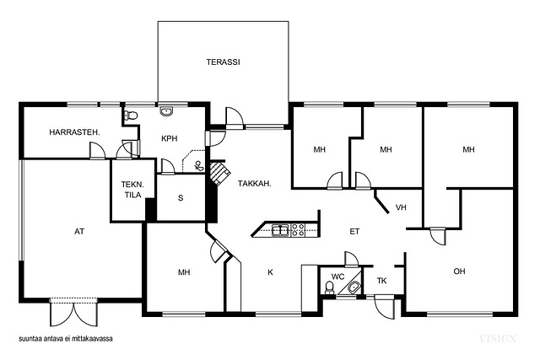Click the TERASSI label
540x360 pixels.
[x=223, y=62]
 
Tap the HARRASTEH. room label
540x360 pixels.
[x=74, y=132]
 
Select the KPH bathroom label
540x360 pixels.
[x=169, y=139]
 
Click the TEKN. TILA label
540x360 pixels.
[x=132, y=190]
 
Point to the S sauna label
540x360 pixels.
[x=181, y=198]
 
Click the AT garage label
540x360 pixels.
[x=79, y=232]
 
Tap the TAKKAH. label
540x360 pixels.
[x=255, y=184]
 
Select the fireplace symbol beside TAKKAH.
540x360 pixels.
[x=219, y=173]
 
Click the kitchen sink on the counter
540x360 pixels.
[x=281, y=230]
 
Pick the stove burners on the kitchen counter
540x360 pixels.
[x=298, y=230]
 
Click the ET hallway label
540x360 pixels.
[x=354, y=232]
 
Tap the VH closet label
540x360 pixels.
[x=401, y=207]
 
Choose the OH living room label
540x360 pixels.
[x=459, y=271]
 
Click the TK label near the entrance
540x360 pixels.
[x=381, y=281]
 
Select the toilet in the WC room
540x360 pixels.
[x=330, y=288]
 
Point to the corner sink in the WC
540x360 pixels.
[x=354, y=287]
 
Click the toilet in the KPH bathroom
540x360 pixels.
[x=131, y=116]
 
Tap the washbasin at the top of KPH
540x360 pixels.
[x=167, y=111]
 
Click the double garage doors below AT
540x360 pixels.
[x=73, y=314]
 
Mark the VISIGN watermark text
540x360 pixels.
[x=497, y=339]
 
